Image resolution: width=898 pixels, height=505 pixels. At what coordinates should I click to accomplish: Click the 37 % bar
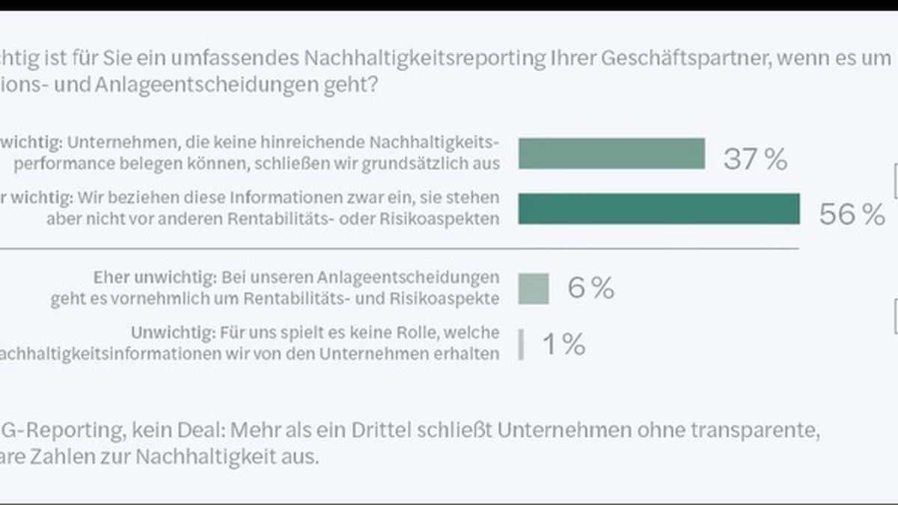pos(611,153)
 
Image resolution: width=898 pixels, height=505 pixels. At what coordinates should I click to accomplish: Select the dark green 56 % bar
pos(659,209)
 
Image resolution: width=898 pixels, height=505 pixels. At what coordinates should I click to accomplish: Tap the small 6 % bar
pos(534,288)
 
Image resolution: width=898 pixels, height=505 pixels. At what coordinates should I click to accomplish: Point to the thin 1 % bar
pos(521,345)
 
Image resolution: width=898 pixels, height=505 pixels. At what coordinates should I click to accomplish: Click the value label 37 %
pos(754,159)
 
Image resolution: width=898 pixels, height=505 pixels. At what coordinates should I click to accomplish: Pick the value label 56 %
pos(852,215)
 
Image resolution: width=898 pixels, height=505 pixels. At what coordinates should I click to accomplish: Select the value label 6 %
pos(590,288)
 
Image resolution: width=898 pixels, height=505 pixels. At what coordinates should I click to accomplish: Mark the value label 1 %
pos(563,345)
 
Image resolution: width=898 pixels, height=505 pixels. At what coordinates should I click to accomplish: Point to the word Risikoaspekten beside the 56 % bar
pos(442,218)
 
